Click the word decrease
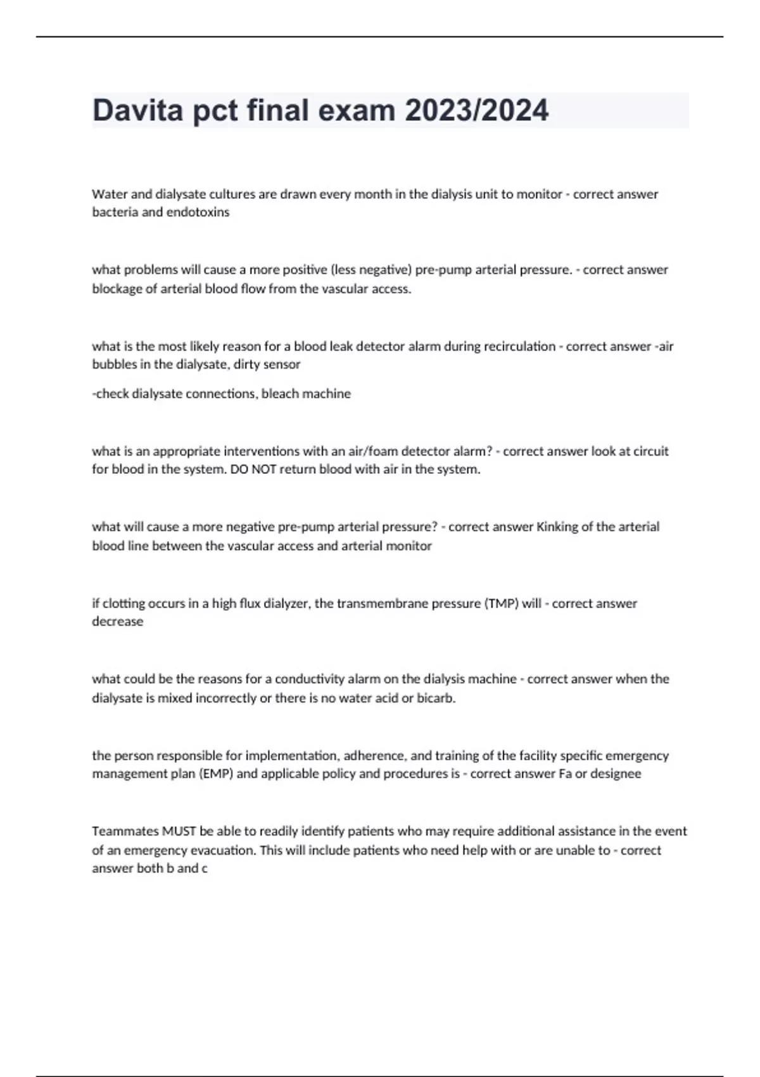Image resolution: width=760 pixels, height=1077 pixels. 118,621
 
